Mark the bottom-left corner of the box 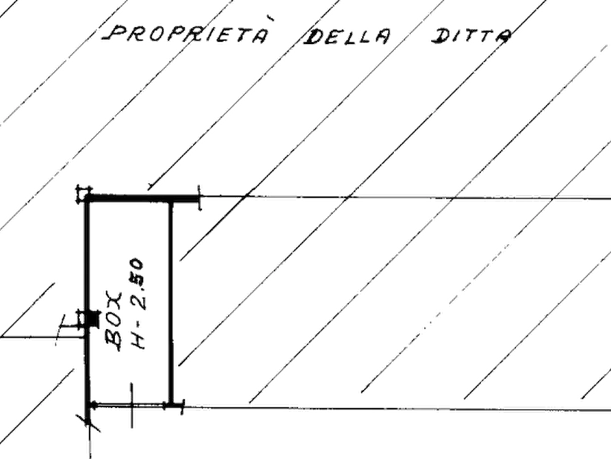87,406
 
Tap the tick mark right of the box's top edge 199,197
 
